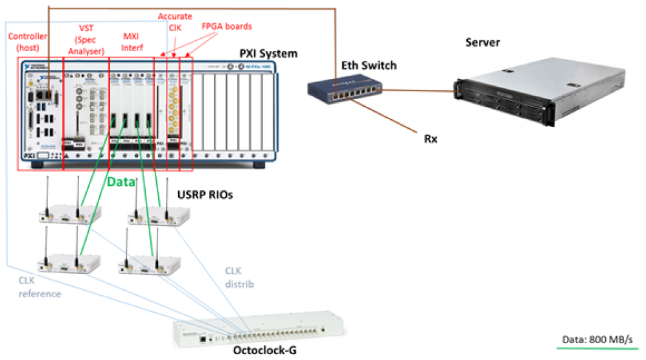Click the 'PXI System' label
point(268,54)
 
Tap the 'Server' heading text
point(483,43)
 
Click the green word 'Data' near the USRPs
point(121,183)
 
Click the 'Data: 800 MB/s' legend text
point(595,340)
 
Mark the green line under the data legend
point(595,350)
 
